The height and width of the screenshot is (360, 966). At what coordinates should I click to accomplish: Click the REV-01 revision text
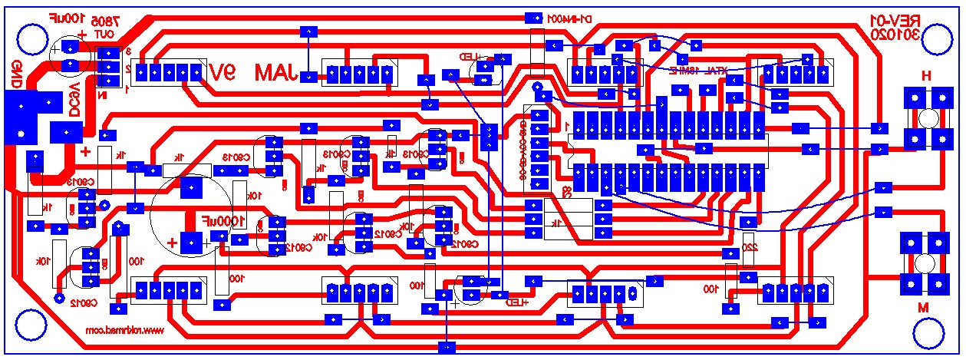(x=892, y=19)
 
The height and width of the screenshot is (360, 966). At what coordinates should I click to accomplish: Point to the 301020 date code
(x=894, y=35)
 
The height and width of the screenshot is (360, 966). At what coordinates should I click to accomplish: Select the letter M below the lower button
(x=925, y=308)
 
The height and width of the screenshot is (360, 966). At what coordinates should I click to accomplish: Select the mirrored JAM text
(x=276, y=73)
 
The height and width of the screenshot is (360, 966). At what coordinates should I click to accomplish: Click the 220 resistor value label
(x=751, y=248)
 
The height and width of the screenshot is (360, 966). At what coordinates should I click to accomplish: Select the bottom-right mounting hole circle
(x=932, y=330)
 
